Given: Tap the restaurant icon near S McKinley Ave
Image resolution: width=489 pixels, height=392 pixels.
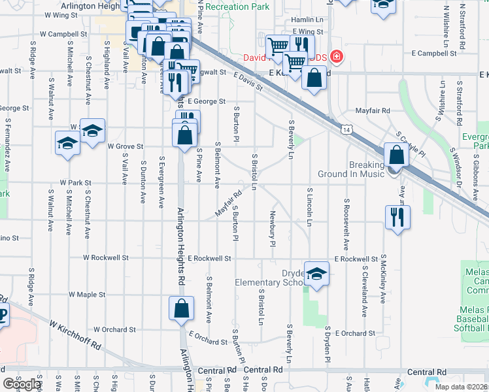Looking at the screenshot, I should pos(397,217).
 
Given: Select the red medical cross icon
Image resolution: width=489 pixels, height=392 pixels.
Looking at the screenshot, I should pos(337,56).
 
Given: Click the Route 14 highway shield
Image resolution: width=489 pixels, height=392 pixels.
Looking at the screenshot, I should pos(343,131).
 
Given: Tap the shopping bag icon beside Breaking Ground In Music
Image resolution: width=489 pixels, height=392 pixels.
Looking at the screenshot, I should pos(396,155).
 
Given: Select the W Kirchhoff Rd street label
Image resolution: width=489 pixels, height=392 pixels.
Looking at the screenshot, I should pos(71,336).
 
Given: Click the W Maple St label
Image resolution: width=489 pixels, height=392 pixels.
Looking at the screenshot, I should pos(87,295).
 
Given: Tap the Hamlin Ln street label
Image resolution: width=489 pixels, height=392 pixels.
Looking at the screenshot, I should pos(308,21).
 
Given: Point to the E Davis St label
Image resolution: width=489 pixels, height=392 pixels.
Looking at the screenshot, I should pos(248,82).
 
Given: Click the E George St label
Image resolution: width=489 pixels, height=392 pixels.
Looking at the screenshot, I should pos(206,101).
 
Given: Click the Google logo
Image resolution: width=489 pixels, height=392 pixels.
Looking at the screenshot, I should pos(21,385).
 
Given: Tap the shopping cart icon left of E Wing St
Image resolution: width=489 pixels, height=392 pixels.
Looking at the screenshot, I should pos(278,45).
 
